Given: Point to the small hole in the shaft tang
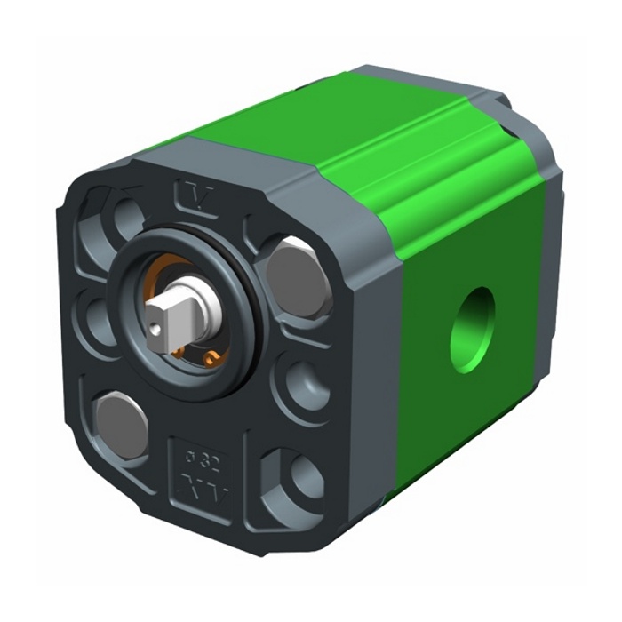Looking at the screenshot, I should pyautogui.click(x=157, y=331).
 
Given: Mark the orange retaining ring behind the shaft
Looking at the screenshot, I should pyautogui.click(x=211, y=355).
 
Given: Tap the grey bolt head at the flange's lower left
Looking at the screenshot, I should pyautogui.click(x=122, y=425).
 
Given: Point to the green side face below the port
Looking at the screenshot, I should pyautogui.click(x=462, y=418).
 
